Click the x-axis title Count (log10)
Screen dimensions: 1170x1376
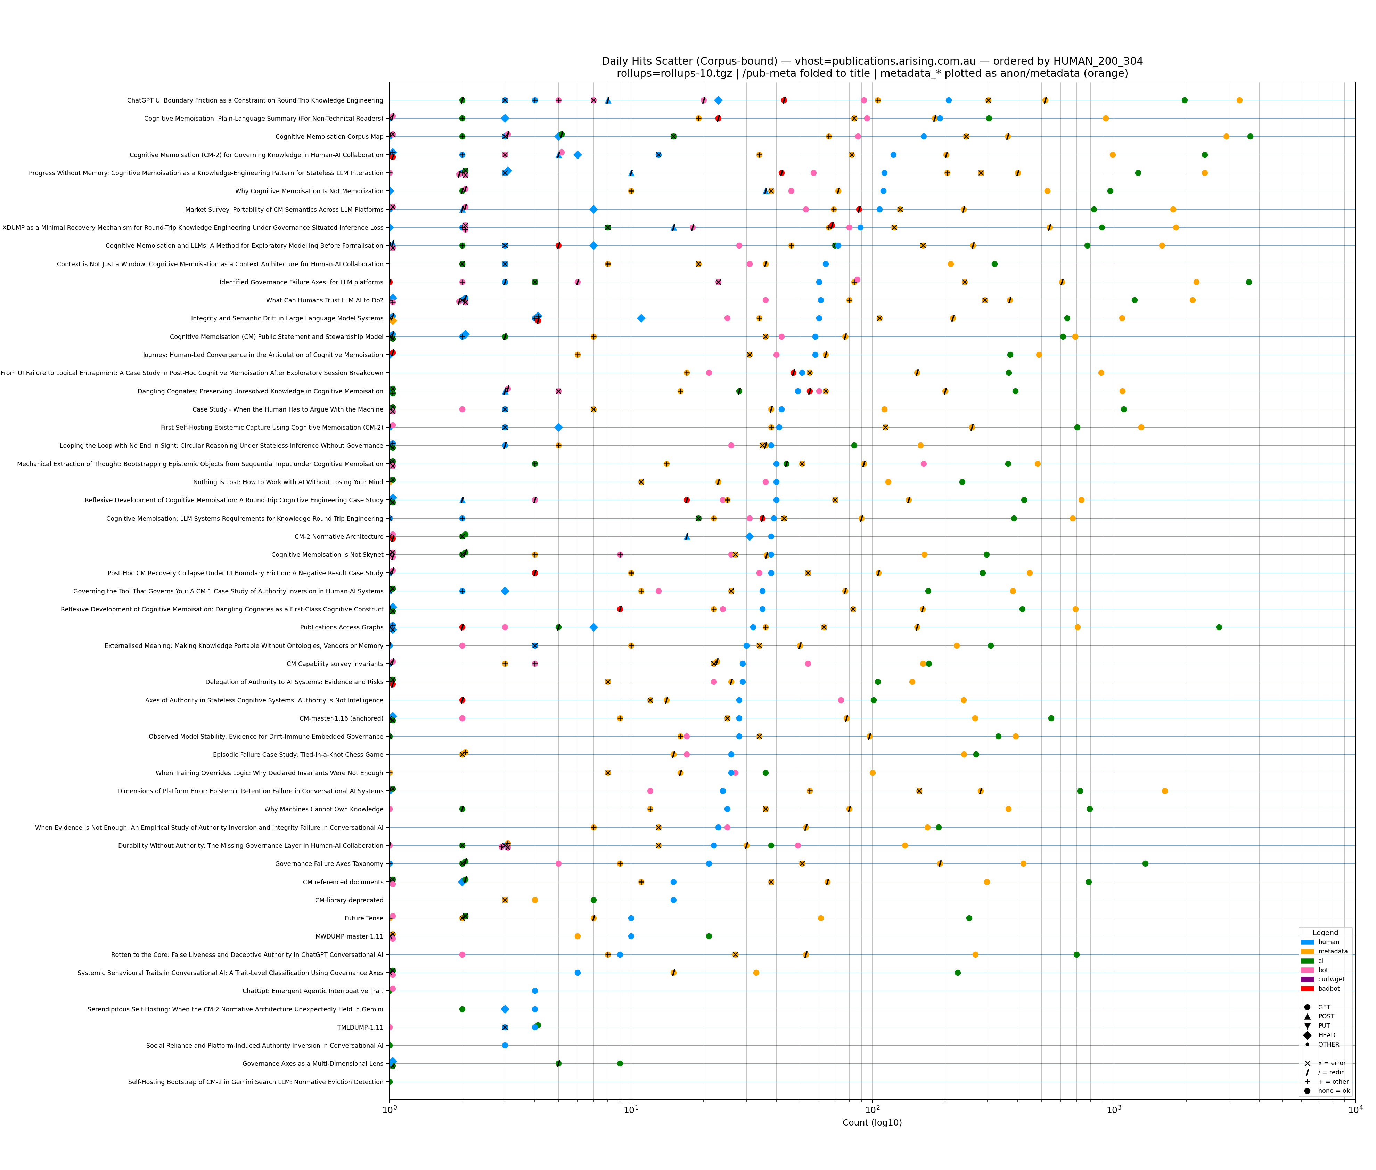[871, 1122]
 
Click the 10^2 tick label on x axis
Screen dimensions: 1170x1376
[873, 1109]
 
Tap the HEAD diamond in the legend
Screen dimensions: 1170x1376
[1307, 1035]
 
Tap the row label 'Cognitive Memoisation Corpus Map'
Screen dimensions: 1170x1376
[329, 137]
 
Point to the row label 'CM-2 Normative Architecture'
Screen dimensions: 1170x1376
[339, 537]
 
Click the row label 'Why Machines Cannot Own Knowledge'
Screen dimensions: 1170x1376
[323, 809]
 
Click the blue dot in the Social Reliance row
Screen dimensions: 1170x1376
[505, 1045]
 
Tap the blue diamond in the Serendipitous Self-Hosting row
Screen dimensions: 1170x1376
[505, 1009]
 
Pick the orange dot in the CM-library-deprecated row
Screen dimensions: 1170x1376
[534, 900]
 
